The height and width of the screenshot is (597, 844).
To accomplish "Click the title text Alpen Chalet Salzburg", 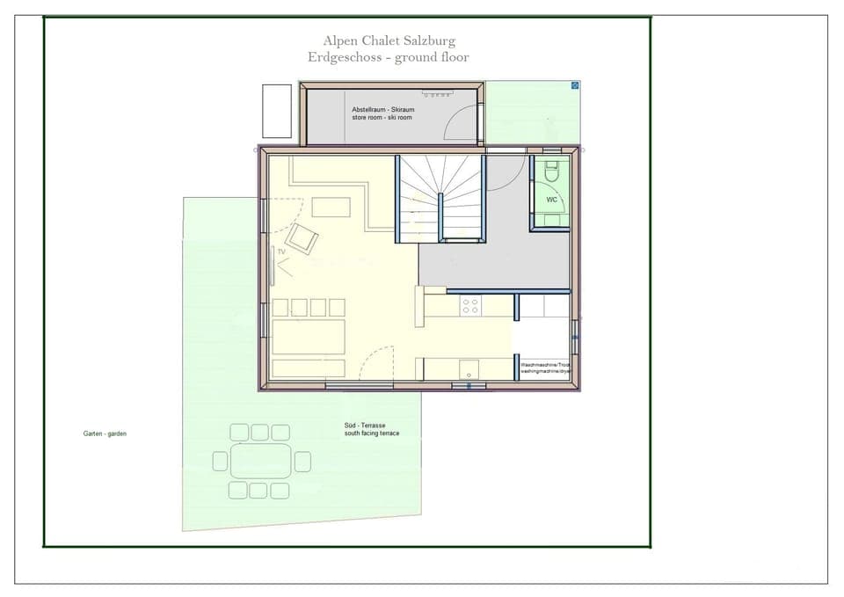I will (x=389, y=40).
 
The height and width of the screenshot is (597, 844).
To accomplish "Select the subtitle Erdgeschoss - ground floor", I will (x=389, y=57).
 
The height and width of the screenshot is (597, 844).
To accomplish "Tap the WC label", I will (x=552, y=200).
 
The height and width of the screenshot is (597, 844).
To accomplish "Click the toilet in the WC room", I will (x=552, y=173).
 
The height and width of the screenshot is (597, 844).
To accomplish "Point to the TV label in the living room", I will (x=282, y=251).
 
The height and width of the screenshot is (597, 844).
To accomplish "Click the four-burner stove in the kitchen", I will (x=471, y=306).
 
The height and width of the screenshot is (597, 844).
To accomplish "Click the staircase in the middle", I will (x=440, y=198).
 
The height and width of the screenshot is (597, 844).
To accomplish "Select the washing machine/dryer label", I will (x=545, y=368).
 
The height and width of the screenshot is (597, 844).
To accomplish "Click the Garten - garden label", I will (x=105, y=433).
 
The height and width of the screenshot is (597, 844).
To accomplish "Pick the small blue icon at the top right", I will (x=575, y=85).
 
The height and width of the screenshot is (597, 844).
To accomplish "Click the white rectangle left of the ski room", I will (x=276, y=111).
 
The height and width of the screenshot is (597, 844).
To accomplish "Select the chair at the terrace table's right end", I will (x=302, y=461).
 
